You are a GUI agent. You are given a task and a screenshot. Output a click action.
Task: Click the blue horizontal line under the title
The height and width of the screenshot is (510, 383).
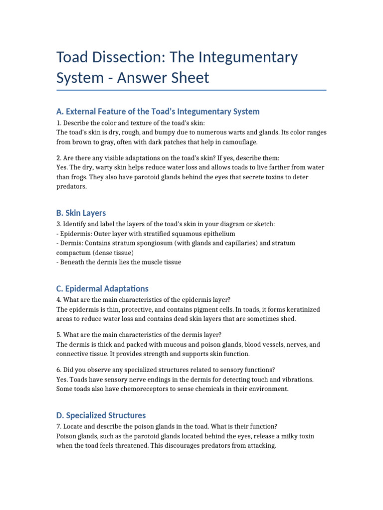(x=191, y=90)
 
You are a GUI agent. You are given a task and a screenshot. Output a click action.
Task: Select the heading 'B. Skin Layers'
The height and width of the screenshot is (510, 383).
(x=81, y=213)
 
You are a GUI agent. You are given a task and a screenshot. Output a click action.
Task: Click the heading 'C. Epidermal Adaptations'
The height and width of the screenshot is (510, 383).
(x=102, y=288)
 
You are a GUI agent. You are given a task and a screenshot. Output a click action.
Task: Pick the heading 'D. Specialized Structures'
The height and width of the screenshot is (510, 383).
(x=101, y=415)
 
